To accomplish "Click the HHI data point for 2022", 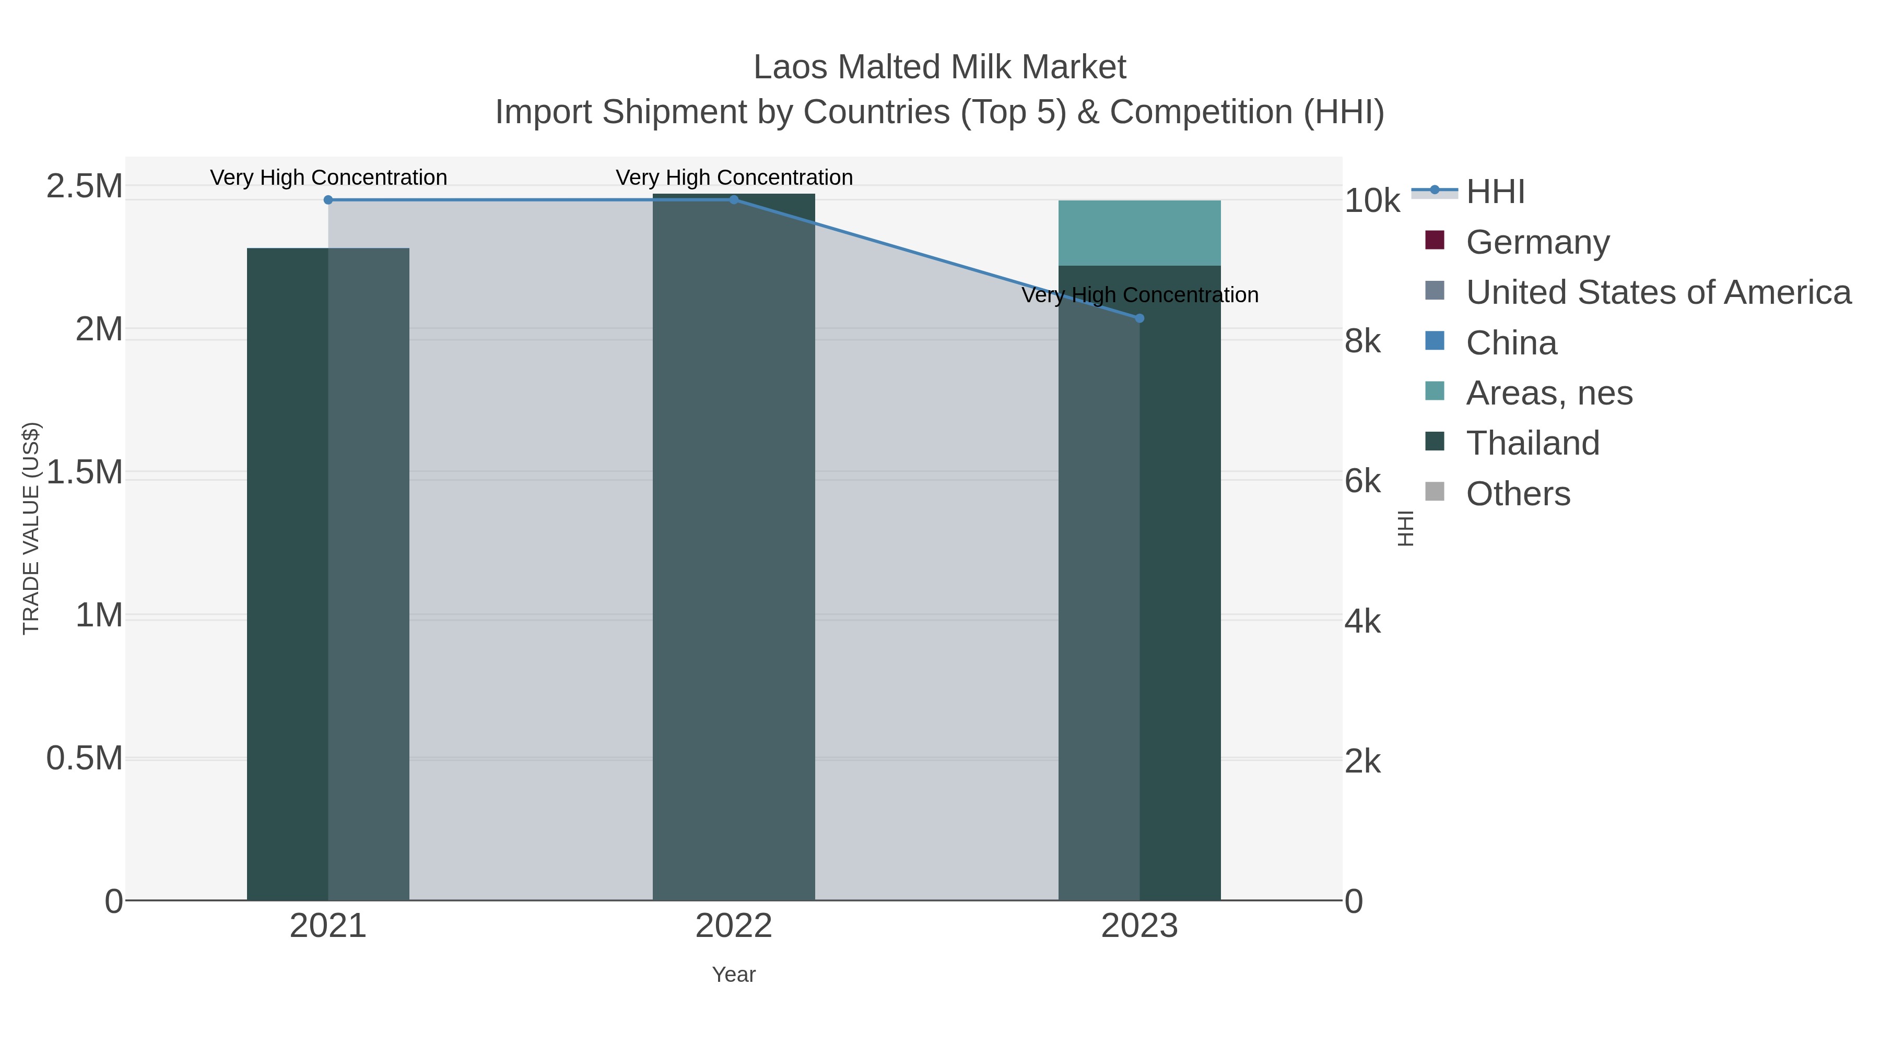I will pos(734,200).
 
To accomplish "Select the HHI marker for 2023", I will pos(1139,318).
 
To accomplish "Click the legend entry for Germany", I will pos(1537,242).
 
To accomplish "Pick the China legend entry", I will pos(1511,343).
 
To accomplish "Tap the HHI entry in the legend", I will pos(1495,192).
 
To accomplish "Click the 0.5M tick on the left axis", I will pos(84,758).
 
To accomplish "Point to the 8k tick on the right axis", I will pos(1362,341).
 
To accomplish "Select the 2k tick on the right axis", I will pos(1362,762).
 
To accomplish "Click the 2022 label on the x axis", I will pos(734,927).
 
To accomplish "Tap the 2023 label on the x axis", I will pos(1139,927).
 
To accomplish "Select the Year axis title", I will pos(734,975).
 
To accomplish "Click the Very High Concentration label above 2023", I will pos(1139,295).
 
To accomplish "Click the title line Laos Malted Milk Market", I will pos(939,67).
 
